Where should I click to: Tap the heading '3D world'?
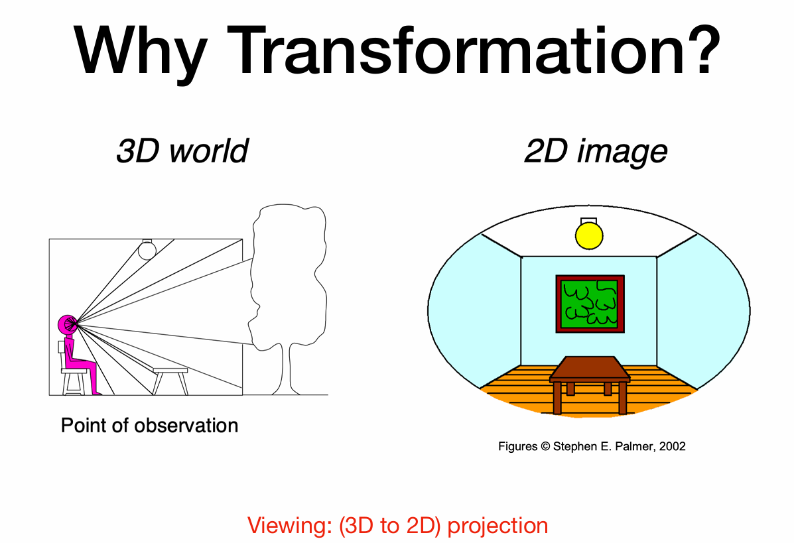point(182,151)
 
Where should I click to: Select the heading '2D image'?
point(596,151)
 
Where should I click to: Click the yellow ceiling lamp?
point(589,235)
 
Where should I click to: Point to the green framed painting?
point(590,304)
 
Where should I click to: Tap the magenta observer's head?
point(67,324)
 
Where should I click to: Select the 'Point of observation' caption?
point(149,426)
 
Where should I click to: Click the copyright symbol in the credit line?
point(545,446)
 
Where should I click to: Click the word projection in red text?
point(497,526)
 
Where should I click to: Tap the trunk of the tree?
point(289,369)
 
